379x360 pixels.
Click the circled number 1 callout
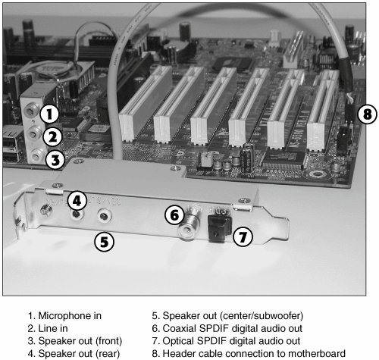coord(50,114)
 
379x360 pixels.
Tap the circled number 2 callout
coord(52,137)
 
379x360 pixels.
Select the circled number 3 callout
coord(55,160)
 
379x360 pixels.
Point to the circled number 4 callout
coord(77,201)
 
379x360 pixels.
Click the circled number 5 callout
coord(104,242)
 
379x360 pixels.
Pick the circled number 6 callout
coord(174,215)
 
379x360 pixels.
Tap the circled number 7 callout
coord(243,237)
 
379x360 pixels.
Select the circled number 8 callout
coord(368,114)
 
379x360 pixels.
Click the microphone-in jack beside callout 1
coord(31,111)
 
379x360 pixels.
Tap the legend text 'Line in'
coord(53,328)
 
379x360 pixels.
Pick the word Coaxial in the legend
coord(180,328)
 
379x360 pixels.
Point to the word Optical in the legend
coord(179,341)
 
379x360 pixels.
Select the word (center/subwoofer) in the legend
coord(262,316)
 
